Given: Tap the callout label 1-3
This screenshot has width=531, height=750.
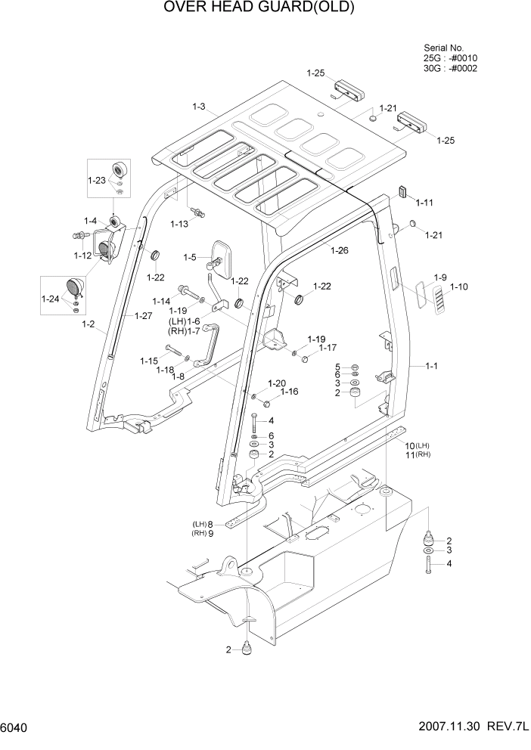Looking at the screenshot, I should coord(198,107).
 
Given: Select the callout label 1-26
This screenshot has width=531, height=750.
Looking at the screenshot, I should coord(340,249).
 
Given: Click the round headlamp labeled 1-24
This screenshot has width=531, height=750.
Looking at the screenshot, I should coord(76,287).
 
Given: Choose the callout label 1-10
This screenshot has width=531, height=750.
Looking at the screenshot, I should coord(459,287).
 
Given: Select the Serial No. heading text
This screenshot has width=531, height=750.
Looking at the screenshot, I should coord(443,47).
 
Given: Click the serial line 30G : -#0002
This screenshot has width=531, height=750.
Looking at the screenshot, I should coord(450,68).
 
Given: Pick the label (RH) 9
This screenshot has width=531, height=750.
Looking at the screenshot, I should coord(203,533).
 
